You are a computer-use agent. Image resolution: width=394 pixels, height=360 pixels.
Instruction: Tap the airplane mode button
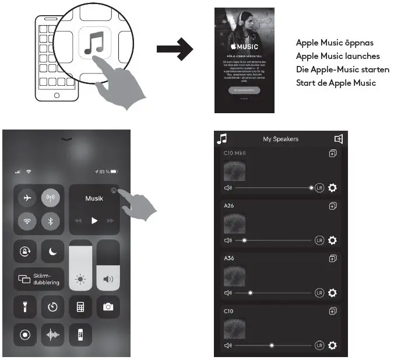(x=26, y=198)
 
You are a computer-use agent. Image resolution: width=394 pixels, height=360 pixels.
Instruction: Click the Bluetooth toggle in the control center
(x=51, y=221)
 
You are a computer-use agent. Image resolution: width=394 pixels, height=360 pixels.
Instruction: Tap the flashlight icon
(x=25, y=306)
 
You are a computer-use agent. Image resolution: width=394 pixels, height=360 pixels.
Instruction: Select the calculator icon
(x=80, y=306)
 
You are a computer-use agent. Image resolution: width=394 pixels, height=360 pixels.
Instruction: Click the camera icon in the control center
(x=108, y=306)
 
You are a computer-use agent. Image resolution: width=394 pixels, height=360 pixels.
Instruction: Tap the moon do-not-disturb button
(x=53, y=251)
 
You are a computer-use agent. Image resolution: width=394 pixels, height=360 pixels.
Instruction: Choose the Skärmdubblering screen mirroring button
(x=39, y=279)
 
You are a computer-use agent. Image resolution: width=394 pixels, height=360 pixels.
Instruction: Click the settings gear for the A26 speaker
(x=332, y=240)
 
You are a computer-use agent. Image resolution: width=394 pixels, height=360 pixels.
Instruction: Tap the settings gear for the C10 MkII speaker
(x=332, y=188)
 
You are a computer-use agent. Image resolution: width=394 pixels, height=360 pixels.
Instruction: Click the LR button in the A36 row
(x=319, y=293)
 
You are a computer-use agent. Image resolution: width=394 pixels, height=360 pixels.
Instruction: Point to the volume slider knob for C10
(x=272, y=345)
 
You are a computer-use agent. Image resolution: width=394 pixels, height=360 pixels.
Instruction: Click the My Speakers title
(x=280, y=139)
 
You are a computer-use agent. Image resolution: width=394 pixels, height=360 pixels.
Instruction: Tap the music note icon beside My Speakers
(x=222, y=138)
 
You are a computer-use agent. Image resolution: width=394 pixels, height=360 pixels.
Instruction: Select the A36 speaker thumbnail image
(x=234, y=277)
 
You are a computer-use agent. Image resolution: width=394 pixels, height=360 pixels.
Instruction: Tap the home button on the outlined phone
(x=57, y=95)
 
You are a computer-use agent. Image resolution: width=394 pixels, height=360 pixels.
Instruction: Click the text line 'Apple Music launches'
(x=337, y=56)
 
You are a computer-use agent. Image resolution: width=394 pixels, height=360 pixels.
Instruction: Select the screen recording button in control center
(x=25, y=335)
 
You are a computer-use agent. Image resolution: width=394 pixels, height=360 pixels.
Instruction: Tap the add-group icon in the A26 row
(x=333, y=206)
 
